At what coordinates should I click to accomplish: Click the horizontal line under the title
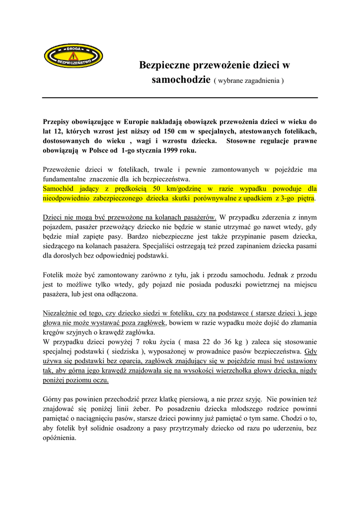pos(180,98)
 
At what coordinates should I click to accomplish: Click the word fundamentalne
pos(63,179)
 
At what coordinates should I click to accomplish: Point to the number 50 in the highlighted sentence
pos(157,189)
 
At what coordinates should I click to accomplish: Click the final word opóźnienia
pos(60,438)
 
